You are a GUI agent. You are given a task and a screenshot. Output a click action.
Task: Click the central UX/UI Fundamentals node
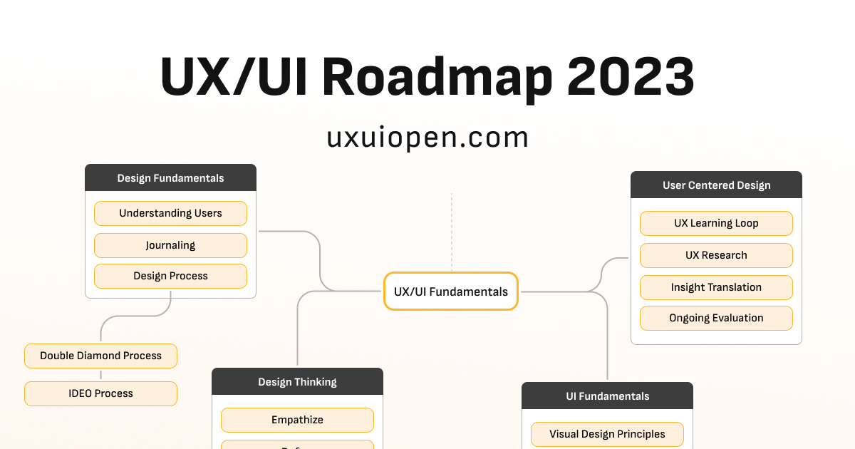(x=450, y=291)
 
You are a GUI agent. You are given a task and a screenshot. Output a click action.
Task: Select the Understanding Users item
(x=170, y=213)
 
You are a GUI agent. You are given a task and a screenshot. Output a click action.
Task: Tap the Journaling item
(x=170, y=245)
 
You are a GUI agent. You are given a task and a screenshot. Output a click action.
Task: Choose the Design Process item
(x=170, y=276)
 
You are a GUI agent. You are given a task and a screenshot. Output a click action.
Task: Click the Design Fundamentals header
(x=170, y=178)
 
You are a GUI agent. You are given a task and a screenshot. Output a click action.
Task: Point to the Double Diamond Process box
(x=100, y=356)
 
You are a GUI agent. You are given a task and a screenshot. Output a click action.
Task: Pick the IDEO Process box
(x=100, y=393)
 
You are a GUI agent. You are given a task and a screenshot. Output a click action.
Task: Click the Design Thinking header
(x=297, y=382)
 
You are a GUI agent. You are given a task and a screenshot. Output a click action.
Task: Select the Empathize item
(x=297, y=420)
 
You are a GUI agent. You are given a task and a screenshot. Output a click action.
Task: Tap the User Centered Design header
(x=716, y=185)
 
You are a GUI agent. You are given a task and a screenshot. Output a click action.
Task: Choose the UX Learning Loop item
(x=716, y=223)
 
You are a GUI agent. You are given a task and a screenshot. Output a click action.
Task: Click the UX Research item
(x=716, y=255)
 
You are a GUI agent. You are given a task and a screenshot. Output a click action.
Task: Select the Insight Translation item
(x=716, y=287)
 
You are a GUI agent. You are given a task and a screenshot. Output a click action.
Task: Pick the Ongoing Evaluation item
(x=716, y=318)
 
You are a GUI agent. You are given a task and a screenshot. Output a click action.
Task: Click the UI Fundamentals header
(x=607, y=396)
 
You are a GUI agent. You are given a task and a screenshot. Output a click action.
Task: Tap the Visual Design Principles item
(x=607, y=434)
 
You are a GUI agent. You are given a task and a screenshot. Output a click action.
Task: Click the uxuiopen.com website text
(x=427, y=137)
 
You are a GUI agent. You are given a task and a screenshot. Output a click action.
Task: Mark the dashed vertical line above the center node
(x=451, y=232)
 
